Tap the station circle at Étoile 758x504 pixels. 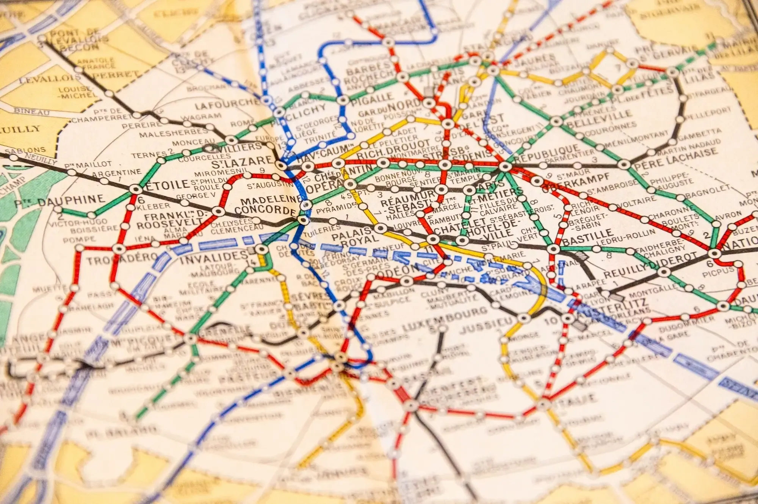point(136,189)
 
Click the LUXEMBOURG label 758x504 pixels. point(443,320)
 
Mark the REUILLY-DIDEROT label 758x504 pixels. point(650,265)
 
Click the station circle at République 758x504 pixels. point(506,166)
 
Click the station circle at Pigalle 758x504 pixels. point(343,100)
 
